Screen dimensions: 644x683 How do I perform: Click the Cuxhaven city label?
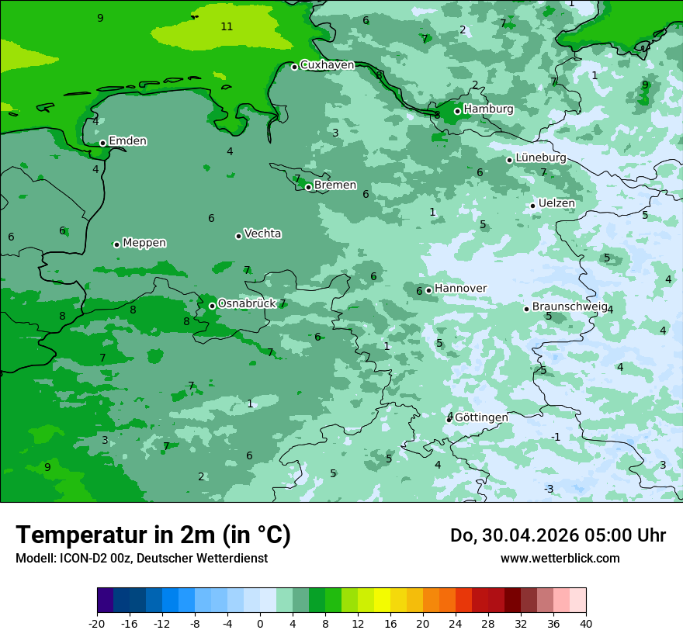pyautogui.click(x=327, y=65)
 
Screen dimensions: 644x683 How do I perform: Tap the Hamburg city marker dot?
pyautogui.click(x=458, y=111)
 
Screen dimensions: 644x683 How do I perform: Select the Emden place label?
pyautogui.click(x=127, y=141)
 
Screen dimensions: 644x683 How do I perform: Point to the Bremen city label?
pyautogui.click(x=335, y=185)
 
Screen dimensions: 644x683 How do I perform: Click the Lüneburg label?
pyautogui.click(x=541, y=158)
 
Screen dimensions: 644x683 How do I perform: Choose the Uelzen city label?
pyautogui.click(x=556, y=204)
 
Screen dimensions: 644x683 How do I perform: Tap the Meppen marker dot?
pyautogui.click(x=117, y=244)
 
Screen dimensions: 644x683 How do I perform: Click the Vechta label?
pyautogui.click(x=262, y=234)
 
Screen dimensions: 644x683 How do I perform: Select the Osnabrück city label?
pyautogui.click(x=247, y=303)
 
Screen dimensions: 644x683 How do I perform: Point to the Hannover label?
pyautogui.click(x=460, y=289)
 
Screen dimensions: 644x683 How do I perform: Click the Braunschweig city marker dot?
pyautogui.click(x=526, y=309)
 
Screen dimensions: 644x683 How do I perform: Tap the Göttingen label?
pyautogui.click(x=481, y=417)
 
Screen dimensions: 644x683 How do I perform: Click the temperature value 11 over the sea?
pyautogui.click(x=227, y=27)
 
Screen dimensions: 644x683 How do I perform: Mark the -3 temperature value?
pyautogui.click(x=548, y=489)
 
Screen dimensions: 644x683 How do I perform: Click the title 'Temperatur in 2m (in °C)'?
pyautogui.click(x=153, y=535)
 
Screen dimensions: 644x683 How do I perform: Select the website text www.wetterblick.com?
pyautogui.click(x=560, y=559)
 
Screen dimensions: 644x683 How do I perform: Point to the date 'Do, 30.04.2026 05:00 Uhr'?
pyautogui.click(x=557, y=535)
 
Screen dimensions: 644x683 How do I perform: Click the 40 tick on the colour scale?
pyautogui.click(x=586, y=624)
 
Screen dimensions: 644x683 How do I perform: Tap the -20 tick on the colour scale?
pyautogui.click(x=97, y=624)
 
